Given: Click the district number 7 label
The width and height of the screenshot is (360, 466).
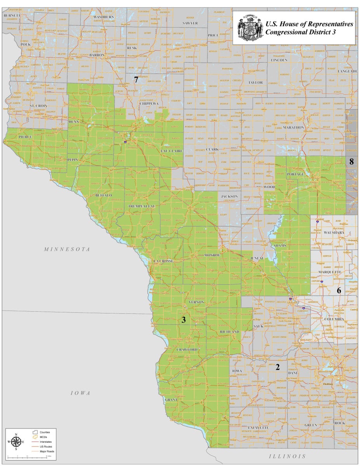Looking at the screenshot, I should coord(136,80).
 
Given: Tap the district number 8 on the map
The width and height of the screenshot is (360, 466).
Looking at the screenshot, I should coord(351,162).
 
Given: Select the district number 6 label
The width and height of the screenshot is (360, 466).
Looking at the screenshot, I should coord(339,290).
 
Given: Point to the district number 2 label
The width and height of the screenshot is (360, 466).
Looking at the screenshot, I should coord(277,366).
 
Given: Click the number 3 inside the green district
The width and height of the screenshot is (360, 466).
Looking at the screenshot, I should coord(184,320).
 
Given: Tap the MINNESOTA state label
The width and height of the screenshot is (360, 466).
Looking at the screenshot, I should coord(67,249).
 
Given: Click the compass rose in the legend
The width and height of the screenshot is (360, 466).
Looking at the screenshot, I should coord(16,442).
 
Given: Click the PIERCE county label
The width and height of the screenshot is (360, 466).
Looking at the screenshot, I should coord(24,137).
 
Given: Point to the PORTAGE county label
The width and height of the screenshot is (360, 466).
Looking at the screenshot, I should coord(295,174).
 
